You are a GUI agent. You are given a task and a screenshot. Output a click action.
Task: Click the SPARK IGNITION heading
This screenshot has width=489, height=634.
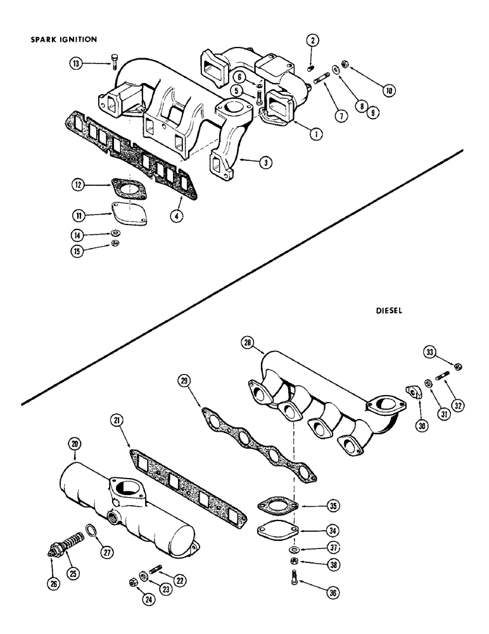(x=63, y=39)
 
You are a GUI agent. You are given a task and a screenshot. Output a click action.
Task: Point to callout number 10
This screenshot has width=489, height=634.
(x=388, y=90)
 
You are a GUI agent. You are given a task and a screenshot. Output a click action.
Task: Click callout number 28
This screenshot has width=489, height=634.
(x=249, y=344)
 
